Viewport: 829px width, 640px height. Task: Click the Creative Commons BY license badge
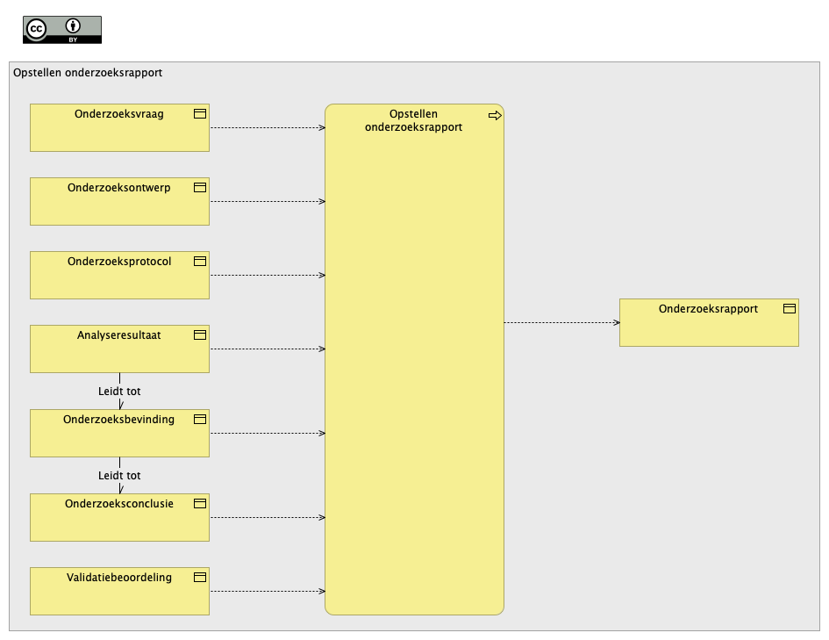click(x=62, y=30)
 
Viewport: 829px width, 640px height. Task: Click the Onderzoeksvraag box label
click(x=119, y=114)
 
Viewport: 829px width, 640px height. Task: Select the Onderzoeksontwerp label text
click(x=119, y=188)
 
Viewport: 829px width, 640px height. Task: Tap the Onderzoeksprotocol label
click(x=119, y=262)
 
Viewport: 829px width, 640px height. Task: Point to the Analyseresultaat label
click(x=119, y=335)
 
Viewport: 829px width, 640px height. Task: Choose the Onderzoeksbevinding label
click(x=119, y=420)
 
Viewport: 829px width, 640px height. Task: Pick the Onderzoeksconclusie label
click(x=119, y=504)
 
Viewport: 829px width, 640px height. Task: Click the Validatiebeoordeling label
click(x=119, y=578)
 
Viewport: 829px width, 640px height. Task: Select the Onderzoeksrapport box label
click(x=709, y=309)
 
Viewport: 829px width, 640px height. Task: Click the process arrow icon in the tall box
click(x=495, y=115)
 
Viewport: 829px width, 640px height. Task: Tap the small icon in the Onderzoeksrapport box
click(x=790, y=308)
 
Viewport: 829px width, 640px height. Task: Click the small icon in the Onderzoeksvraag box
click(x=200, y=114)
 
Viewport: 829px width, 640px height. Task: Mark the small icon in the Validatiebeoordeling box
click(x=200, y=577)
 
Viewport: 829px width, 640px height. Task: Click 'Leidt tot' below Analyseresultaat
click(x=119, y=392)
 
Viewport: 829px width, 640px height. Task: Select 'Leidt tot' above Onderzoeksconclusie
click(x=119, y=476)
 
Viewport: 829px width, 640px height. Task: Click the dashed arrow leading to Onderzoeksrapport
click(x=562, y=323)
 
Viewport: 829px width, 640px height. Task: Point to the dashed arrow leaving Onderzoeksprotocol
click(x=268, y=275)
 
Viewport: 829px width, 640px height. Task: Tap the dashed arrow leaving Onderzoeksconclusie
click(x=268, y=518)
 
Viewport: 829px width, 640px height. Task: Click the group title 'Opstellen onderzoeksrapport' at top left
click(x=88, y=73)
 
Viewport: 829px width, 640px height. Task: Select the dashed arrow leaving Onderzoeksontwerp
click(x=268, y=202)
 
